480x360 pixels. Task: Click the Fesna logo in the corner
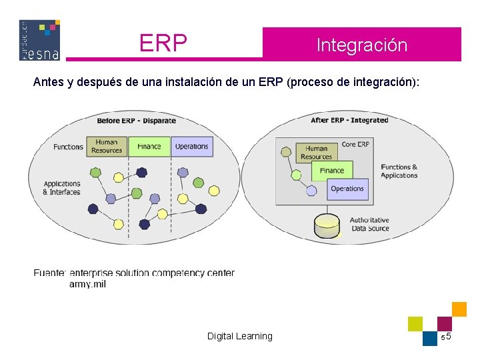click(x=39, y=40)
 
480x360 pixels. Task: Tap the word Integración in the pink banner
click(x=361, y=45)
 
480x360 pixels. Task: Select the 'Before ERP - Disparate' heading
click(x=136, y=121)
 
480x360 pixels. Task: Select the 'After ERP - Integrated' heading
click(x=349, y=120)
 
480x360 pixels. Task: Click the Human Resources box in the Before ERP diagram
click(x=107, y=147)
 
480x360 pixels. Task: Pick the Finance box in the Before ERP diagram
click(x=149, y=147)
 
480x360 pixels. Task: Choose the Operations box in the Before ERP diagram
click(x=191, y=147)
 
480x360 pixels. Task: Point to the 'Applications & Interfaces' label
click(x=62, y=188)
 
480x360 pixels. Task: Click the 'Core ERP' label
click(x=355, y=144)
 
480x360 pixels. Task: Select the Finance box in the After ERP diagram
click(x=331, y=171)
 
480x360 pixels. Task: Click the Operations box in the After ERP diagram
click(x=347, y=189)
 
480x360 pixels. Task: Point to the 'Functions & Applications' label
click(x=399, y=171)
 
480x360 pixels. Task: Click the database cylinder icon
click(x=327, y=226)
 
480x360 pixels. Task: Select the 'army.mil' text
click(x=87, y=284)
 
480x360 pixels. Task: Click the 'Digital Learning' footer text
click(x=239, y=336)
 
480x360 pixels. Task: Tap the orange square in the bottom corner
click(x=459, y=309)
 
